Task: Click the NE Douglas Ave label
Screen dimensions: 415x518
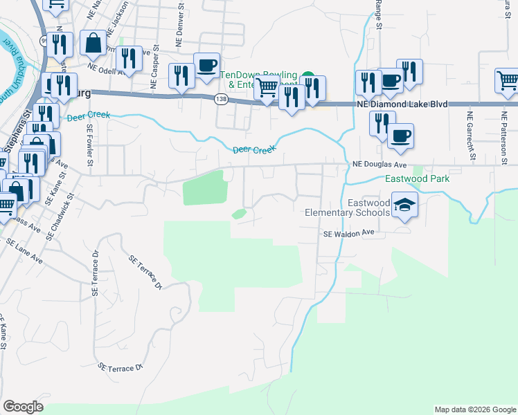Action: pyautogui.click(x=379, y=165)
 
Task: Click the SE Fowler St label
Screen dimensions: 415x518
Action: pyautogui.click(x=90, y=145)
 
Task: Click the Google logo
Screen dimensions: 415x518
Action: pyautogui.click(x=23, y=407)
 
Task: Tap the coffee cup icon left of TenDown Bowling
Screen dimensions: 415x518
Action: pyautogui.click(x=206, y=66)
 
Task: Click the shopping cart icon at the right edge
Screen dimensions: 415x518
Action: pyautogui.click(x=507, y=80)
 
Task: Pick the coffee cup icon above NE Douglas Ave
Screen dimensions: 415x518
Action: pyautogui.click(x=400, y=136)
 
